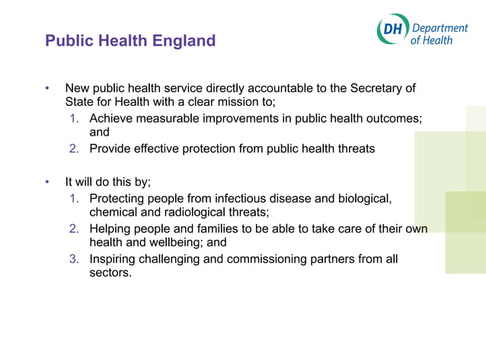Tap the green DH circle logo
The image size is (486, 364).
coord(392,30)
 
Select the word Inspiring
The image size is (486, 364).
coord(114,259)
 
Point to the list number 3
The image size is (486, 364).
coord(74,259)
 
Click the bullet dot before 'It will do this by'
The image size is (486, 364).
coord(46,183)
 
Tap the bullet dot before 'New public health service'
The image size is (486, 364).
coord(46,88)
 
